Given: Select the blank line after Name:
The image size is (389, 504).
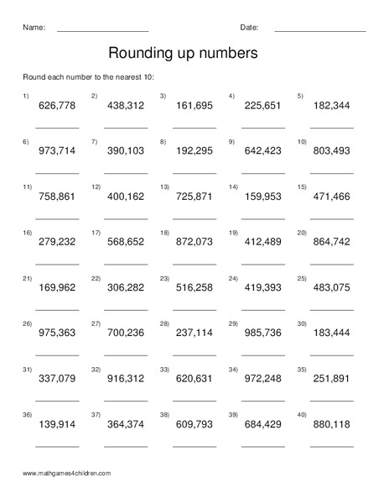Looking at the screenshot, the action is [x=102, y=31].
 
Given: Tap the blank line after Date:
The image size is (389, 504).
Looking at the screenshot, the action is [x=320, y=31].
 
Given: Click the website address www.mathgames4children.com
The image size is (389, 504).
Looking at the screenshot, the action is [x=67, y=474].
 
